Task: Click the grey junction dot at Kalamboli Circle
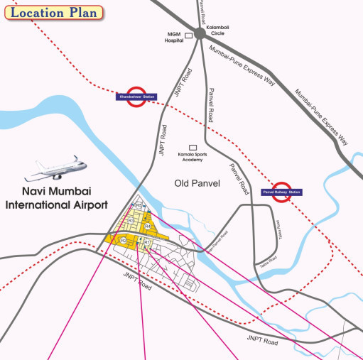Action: pos(200,32)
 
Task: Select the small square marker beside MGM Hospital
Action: pos(189,35)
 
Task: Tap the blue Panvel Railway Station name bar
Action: pos(282,192)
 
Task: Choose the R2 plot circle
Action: pos(123,241)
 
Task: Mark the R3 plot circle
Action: pos(131,221)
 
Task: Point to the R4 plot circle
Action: pos(148,227)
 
